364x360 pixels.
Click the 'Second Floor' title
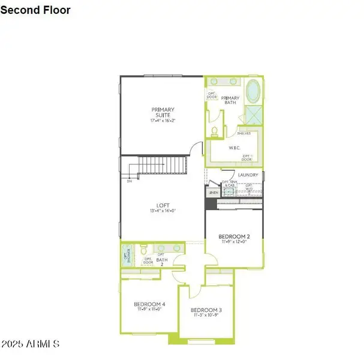35,10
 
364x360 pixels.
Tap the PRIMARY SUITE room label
162,112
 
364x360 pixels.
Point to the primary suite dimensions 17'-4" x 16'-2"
162,121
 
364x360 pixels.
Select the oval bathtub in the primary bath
254,91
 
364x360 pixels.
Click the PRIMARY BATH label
230,100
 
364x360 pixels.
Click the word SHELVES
244,134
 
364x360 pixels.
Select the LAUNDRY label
248,175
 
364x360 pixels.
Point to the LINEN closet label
213,193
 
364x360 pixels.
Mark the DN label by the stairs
129,180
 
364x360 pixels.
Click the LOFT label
162,205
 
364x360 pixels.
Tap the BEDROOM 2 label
233,236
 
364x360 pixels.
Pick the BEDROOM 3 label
206,310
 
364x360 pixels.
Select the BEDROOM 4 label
149,304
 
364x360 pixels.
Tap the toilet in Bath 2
143,248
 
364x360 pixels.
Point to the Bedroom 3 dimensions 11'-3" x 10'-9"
206,316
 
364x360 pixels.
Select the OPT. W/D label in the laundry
249,187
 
